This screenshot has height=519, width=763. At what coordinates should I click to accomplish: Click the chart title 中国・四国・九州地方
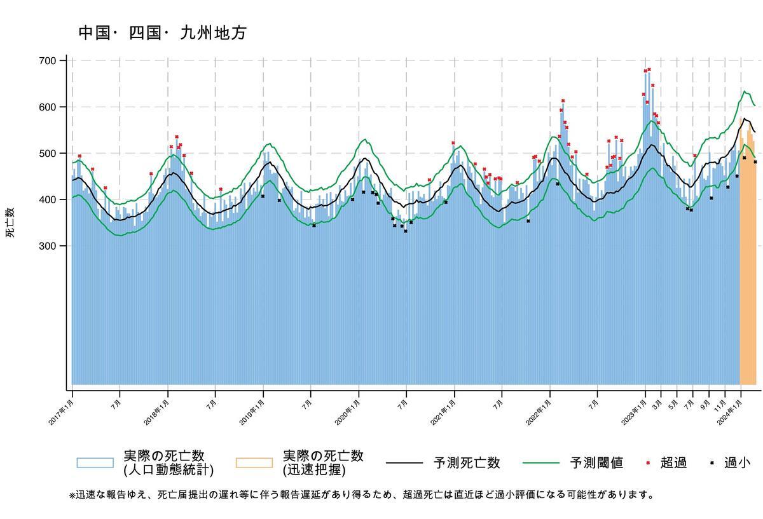[x=163, y=34]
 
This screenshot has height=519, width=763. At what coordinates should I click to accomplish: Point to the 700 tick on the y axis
[x=48, y=61]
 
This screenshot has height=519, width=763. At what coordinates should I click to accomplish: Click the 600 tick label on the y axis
[x=48, y=107]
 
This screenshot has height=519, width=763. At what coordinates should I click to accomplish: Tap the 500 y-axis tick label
[x=48, y=154]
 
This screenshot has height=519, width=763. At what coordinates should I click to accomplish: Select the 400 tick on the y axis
[x=48, y=199]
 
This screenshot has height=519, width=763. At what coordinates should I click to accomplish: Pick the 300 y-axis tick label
[x=48, y=246]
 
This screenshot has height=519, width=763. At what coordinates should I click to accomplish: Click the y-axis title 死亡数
[x=10, y=222]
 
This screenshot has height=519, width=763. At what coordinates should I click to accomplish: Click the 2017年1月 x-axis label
[x=61, y=412]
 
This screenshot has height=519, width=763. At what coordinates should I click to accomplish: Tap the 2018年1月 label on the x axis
[x=156, y=412]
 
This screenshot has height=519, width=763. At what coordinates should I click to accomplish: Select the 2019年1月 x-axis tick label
[x=252, y=412]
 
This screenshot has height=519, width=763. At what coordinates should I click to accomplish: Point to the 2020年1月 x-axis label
[x=347, y=412]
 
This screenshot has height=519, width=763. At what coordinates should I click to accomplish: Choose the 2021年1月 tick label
[x=443, y=412]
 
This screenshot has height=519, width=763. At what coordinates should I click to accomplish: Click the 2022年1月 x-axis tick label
[x=539, y=412]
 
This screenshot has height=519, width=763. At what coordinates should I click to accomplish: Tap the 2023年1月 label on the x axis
[x=634, y=412]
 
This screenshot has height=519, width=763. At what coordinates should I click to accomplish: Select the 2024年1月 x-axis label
[x=730, y=412]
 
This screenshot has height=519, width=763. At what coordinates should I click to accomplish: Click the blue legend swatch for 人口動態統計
[x=95, y=463]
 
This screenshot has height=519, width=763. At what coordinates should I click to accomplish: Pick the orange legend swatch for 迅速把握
[x=254, y=463]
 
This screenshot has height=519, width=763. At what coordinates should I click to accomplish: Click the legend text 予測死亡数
[x=467, y=463]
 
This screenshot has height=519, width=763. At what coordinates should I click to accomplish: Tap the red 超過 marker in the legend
[x=648, y=463]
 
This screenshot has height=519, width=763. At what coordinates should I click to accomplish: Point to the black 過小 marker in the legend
[x=711, y=463]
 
